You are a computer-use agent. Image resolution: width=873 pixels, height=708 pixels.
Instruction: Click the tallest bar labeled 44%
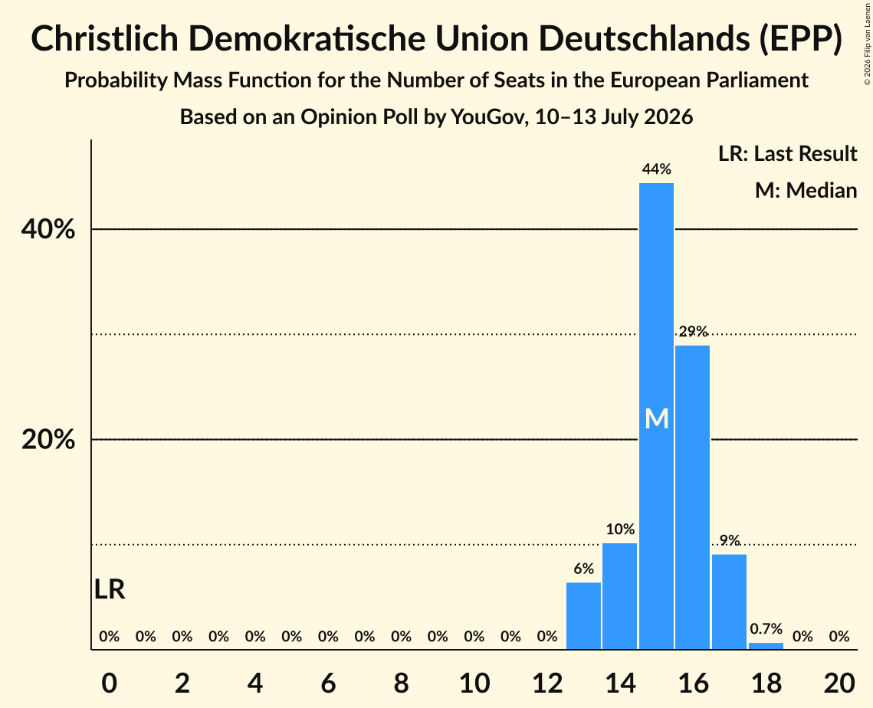pos(656,416)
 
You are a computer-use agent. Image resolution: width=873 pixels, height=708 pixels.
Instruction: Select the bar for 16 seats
pos(693,497)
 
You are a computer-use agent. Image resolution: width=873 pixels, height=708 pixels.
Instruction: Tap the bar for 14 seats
pos(619,596)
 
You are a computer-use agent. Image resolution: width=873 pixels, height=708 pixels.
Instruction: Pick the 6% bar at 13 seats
pos(583,615)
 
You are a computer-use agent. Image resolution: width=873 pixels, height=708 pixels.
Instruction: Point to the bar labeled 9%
pos(730,601)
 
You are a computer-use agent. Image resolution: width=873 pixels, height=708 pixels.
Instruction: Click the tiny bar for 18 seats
pos(766,646)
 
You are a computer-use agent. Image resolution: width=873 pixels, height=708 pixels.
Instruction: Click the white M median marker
pos(656,418)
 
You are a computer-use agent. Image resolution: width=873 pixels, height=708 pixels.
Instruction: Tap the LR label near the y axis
pos(110,589)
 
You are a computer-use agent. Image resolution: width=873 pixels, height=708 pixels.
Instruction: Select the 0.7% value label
pos(766,629)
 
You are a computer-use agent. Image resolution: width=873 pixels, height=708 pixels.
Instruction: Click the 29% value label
pos(693,332)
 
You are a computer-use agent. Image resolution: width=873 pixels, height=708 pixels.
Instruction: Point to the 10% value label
pos(620,529)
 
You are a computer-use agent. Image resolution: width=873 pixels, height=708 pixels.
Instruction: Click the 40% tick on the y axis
pos(48,229)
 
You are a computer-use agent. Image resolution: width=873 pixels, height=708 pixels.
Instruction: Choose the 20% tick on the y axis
pos(48,440)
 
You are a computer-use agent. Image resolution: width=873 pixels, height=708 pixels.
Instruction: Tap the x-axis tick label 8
pos(402,683)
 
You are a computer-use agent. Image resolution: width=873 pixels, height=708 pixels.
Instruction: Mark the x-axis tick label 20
pos(839,683)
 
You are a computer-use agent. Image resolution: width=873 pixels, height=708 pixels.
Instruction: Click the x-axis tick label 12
pos(547,683)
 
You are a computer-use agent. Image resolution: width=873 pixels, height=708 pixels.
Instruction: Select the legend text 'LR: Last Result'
pos(787,153)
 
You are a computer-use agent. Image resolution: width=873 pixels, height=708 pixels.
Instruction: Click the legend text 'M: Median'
pos(806,190)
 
